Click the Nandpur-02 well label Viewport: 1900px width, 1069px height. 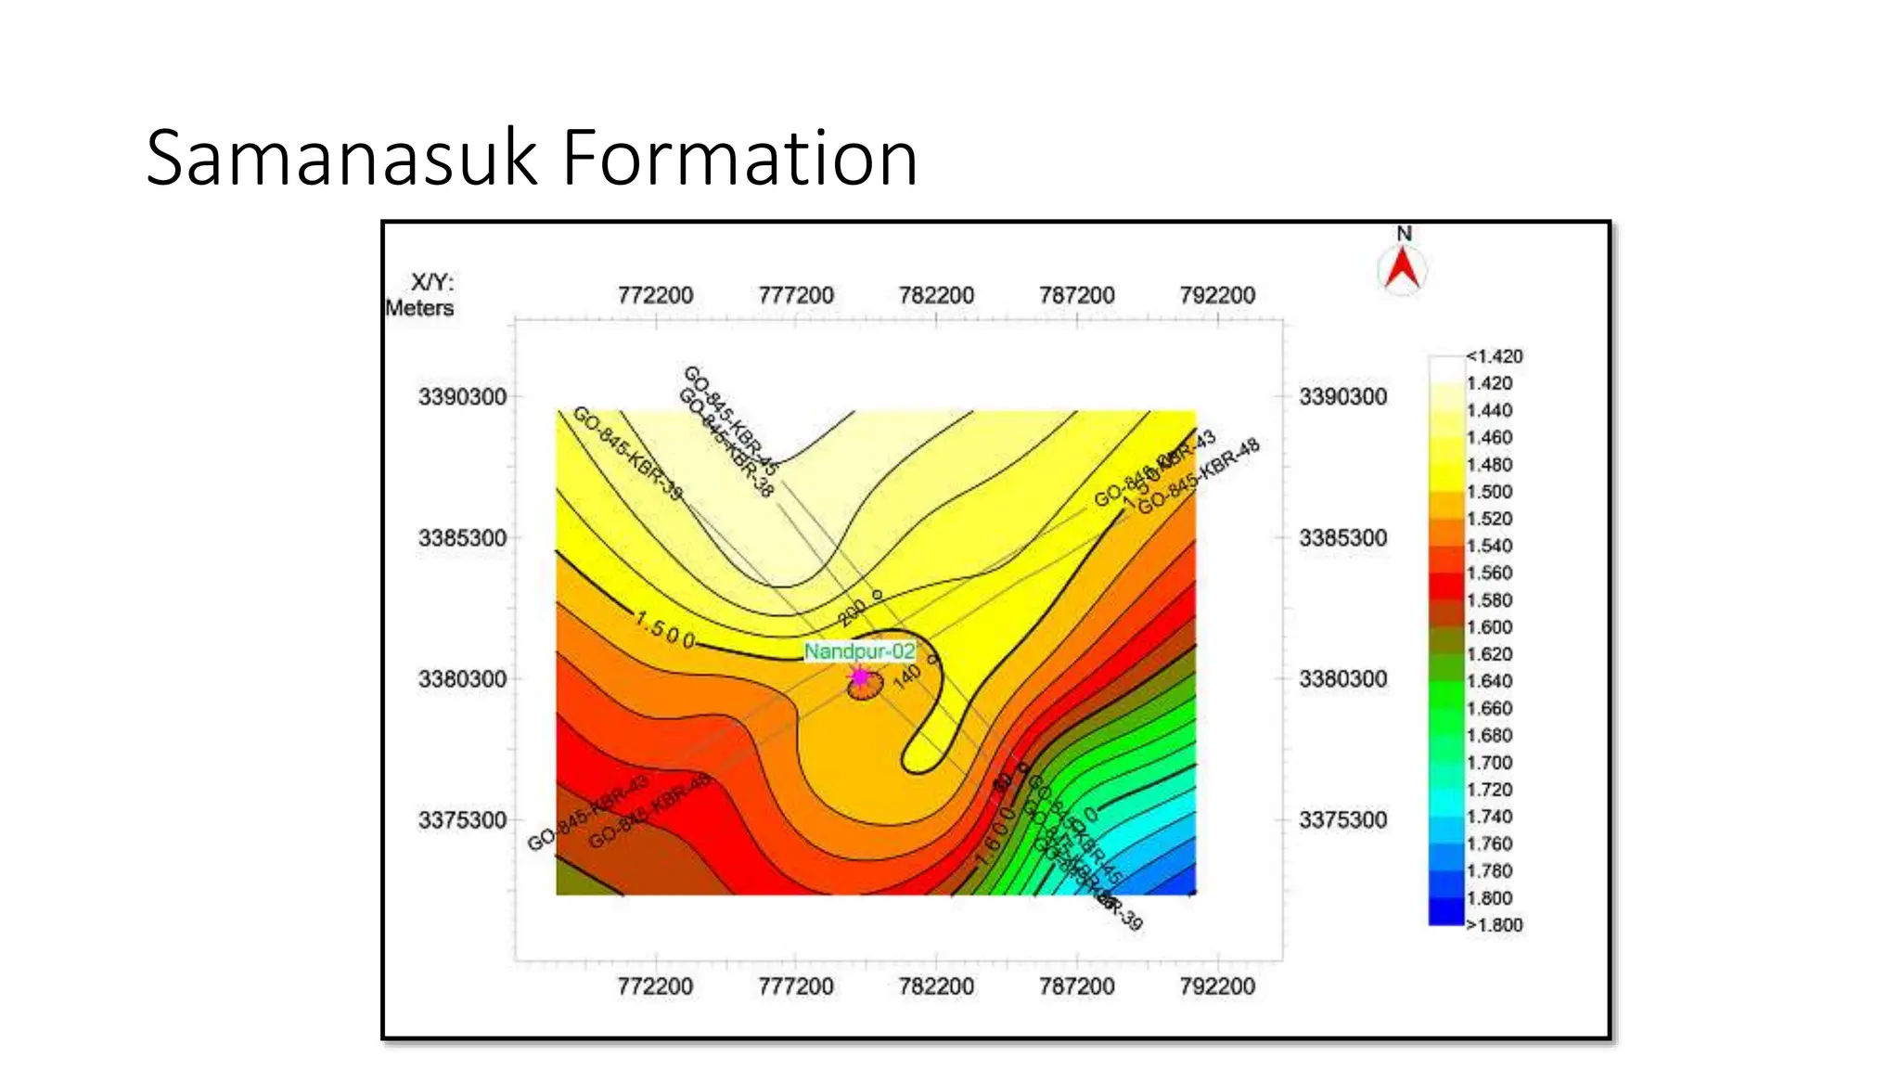[859, 651]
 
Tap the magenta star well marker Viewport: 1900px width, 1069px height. [860, 677]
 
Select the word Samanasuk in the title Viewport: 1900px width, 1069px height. [341, 158]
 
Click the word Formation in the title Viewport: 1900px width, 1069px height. [739, 158]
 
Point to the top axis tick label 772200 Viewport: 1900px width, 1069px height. [655, 295]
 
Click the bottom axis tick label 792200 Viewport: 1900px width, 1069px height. [1217, 985]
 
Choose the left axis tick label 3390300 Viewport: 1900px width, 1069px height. [462, 397]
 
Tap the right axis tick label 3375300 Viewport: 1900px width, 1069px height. [1342, 820]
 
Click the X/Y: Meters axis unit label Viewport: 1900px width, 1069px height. [421, 295]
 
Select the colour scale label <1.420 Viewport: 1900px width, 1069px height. [1494, 356]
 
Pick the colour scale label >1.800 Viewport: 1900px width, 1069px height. [1494, 924]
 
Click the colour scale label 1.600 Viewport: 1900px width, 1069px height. [1489, 627]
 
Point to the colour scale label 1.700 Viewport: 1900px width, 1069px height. [1489, 763]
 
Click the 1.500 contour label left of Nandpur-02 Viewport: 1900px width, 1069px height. [664, 631]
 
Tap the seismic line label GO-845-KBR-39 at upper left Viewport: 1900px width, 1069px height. [627, 453]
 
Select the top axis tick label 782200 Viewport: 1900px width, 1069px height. [936, 295]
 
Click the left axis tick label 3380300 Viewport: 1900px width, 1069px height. [462, 679]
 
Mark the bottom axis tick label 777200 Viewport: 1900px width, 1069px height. [795, 985]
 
